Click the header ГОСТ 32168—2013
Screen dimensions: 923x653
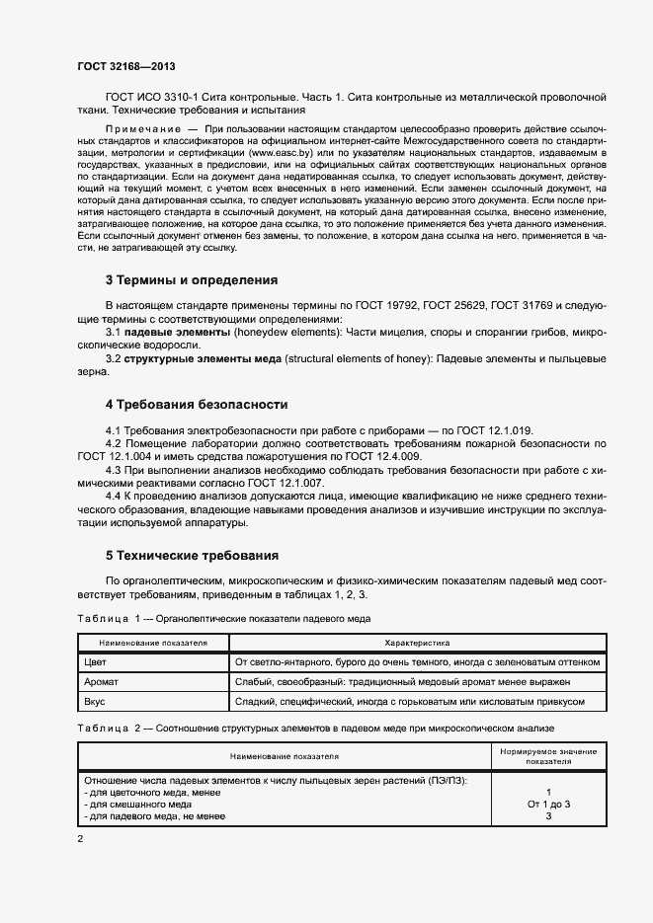(126, 65)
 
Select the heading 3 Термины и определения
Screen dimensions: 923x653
(191, 279)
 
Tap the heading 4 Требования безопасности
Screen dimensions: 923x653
(197, 404)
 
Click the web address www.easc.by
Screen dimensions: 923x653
(282, 154)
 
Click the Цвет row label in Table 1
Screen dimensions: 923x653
(95, 662)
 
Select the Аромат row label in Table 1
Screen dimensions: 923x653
(101, 682)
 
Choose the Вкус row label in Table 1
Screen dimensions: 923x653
(95, 702)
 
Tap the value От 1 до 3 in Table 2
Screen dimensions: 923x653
(547, 805)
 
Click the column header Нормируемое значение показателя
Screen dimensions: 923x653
(547, 757)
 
